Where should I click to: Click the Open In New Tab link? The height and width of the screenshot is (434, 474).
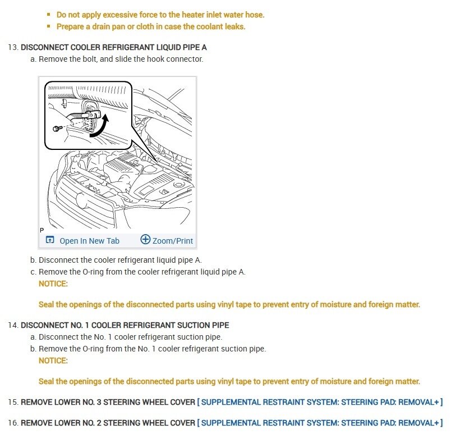(x=89, y=240)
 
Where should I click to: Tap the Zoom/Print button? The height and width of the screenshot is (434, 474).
(x=172, y=240)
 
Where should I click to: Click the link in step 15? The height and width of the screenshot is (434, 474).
(x=320, y=402)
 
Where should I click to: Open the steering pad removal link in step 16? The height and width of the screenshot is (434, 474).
(x=320, y=422)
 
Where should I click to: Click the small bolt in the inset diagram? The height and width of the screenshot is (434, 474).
(x=57, y=129)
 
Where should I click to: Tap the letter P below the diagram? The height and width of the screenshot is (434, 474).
(x=42, y=230)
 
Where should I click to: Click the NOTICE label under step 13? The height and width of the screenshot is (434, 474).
(x=53, y=284)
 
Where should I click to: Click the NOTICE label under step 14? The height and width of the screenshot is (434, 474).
(x=53, y=360)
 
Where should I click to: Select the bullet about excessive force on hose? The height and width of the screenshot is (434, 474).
(x=160, y=15)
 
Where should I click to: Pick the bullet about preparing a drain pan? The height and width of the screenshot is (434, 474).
(x=151, y=26)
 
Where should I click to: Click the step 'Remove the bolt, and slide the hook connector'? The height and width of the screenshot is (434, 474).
(x=121, y=59)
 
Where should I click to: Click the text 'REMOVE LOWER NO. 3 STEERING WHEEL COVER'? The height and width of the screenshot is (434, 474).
(x=108, y=402)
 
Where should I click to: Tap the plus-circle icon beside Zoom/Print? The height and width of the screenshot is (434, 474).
(x=145, y=240)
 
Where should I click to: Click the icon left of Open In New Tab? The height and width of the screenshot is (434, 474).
(x=50, y=240)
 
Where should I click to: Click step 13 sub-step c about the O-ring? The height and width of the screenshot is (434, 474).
(x=142, y=272)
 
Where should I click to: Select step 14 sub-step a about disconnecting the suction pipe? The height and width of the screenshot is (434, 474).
(x=130, y=337)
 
